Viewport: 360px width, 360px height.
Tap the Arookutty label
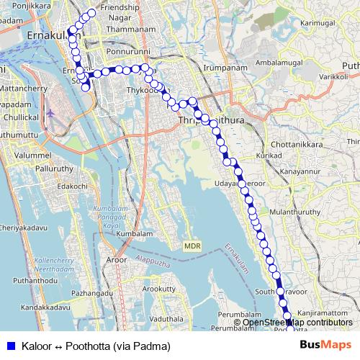click(158, 289)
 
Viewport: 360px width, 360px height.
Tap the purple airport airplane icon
click(51, 114)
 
